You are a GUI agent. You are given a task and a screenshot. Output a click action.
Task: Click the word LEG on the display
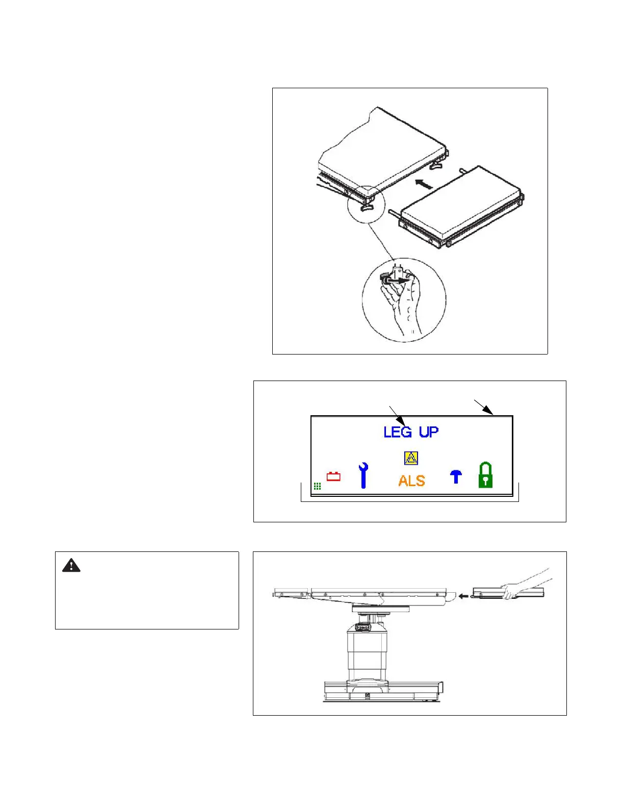[x=398, y=432]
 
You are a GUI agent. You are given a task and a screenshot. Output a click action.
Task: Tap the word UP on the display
[x=429, y=432]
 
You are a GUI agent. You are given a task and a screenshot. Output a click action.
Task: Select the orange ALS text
[x=412, y=481]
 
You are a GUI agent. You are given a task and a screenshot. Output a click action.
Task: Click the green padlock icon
[x=485, y=475]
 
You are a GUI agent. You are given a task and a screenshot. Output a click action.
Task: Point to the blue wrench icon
[x=363, y=475]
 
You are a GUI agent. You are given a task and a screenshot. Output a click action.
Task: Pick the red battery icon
[x=333, y=476]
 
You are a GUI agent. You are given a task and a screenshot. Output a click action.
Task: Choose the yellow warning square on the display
[x=411, y=458]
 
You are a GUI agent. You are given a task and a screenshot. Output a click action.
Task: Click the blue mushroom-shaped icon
[x=456, y=476]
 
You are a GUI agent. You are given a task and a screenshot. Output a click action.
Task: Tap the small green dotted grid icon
[x=317, y=486]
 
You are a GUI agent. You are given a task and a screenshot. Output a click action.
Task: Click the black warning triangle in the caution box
[x=71, y=565]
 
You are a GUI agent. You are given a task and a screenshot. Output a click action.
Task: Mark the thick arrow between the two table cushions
[x=424, y=184]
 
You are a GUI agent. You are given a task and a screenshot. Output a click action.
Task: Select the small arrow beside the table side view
[x=463, y=595]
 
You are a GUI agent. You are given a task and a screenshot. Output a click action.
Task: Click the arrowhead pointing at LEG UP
[x=403, y=422]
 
